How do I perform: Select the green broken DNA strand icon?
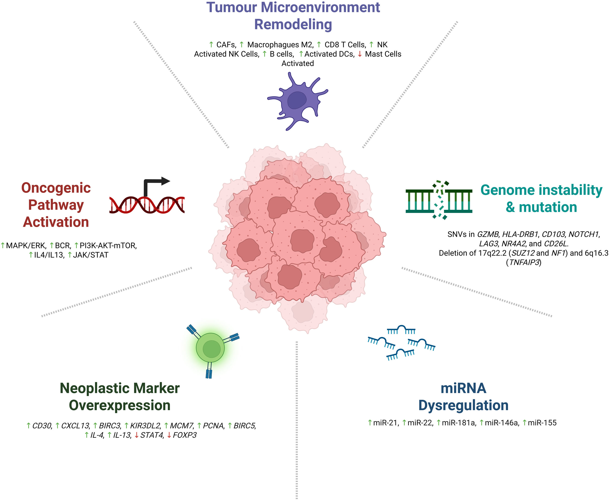pyautogui.click(x=439, y=200)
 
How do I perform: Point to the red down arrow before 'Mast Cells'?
pyautogui.click(x=359, y=54)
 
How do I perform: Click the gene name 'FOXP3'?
pyautogui.click(x=184, y=435)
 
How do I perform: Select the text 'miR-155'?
pyautogui.click(x=542, y=423)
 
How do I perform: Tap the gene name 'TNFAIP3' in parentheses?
pyautogui.click(x=524, y=262)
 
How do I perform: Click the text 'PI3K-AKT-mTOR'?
pyautogui.click(x=108, y=246)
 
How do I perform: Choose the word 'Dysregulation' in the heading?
pyautogui.click(x=463, y=405)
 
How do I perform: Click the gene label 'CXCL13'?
pyautogui.click(x=75, y=426)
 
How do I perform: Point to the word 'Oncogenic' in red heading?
pyautogui.click(x=56, y=188)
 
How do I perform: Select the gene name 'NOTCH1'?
pyautogui.click(x=584, y=234)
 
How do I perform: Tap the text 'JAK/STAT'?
pyautogui.click(x=91, y=255)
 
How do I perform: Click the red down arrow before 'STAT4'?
pyautogui.click(x=136, y=435)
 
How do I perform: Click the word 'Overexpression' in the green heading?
pyautogui.click(x=120, y=405)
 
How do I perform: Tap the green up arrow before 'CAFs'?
pyautogui.click(x=211, y=45)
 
